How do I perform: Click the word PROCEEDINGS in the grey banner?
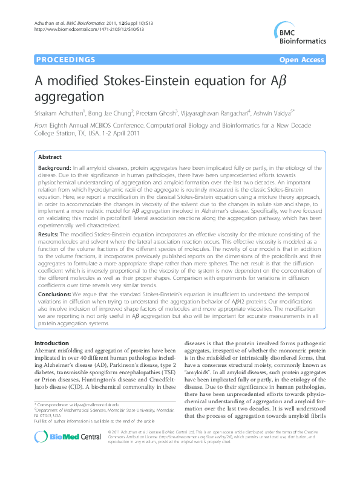65,60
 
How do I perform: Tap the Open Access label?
302,60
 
